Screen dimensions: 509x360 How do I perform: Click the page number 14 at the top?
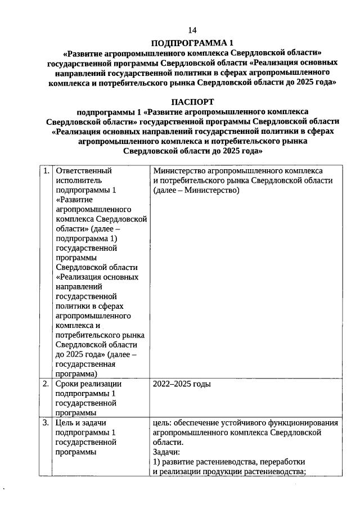tap(192, 29)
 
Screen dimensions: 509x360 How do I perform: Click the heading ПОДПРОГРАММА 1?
tap(192, 43)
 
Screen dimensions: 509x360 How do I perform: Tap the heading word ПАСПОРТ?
tap(192, 102)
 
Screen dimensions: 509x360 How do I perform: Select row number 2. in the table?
tap(46, 384)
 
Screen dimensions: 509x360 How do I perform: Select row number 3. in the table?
tap(46, 423)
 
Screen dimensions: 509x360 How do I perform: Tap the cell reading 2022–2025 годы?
tap(182, 384)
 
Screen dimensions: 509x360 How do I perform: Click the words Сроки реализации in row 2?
tap(89, 384)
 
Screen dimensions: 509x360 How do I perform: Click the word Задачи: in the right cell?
tap(166, 452)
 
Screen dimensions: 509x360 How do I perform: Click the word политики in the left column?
tap(74, 306)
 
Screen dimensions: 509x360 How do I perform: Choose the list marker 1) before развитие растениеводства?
tap(157, 462)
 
